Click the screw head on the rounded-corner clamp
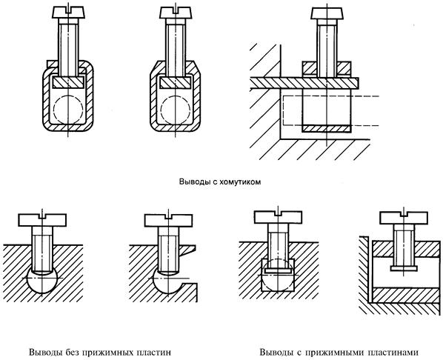(x=68, y=13)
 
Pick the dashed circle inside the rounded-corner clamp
(x=68, y=110)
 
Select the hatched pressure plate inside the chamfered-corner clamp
(x=176, y=82)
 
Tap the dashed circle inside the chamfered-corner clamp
(x=176, y=110)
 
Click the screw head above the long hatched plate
(x=327, y=13)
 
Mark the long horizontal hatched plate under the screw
(x=304, y=83)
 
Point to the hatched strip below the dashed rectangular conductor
(x=327, y=129)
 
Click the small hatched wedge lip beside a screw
(x=187, y=250)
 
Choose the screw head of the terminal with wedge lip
(x=169, y=221)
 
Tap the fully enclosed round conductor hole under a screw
(x=41, y=281)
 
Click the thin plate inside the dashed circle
(x=279, y=270)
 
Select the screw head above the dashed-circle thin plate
(x=278, y=217)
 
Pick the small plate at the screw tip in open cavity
(x=404, y=268)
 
